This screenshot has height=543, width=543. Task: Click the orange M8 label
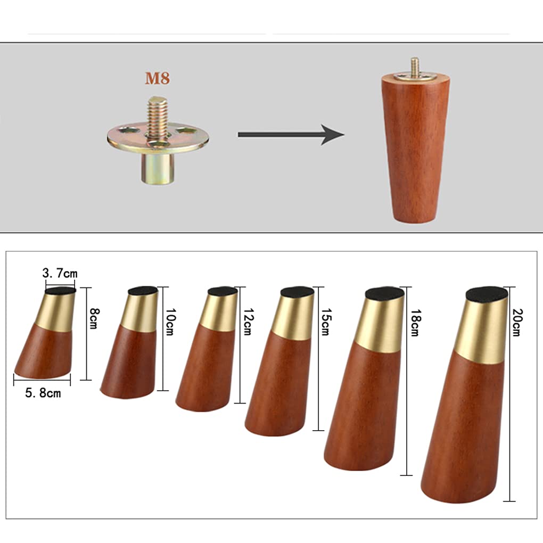point(157,78)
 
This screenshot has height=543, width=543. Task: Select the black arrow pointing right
point(291,134)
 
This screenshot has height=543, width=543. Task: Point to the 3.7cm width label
point(60,273)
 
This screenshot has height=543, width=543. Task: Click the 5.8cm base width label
point(43,393)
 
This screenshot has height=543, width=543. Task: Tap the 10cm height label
point(170,322)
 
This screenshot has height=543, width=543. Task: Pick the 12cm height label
point(248,322)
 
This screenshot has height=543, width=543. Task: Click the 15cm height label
point(325,322)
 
